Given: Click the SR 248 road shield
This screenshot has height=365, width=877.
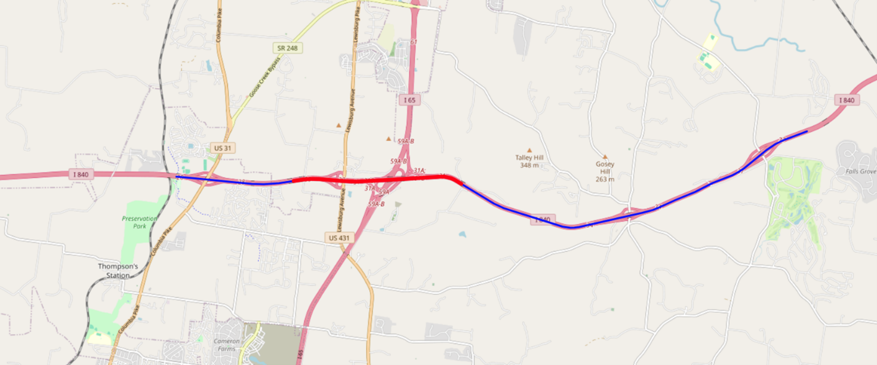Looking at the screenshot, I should [x=288, y=47].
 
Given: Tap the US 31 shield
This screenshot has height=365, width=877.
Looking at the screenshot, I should [x=221, y=148].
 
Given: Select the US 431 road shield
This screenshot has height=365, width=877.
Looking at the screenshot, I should [x=339, y=237].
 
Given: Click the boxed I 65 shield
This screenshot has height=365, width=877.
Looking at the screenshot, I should [x=409, y=100].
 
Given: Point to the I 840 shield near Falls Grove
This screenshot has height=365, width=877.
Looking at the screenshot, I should [x=846, y=100].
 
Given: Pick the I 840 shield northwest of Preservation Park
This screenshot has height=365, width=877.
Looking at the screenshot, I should [x=81, y=175].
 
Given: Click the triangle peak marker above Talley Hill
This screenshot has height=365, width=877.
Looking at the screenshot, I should [x=529, y=149].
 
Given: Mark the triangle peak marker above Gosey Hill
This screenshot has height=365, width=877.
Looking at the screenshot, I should [x=605, y=157].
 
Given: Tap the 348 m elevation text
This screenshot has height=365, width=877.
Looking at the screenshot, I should [x=529, y=165].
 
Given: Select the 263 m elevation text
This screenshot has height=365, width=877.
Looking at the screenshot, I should [x=605, y=179].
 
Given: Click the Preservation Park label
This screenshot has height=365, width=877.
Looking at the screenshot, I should [x=140, y=222].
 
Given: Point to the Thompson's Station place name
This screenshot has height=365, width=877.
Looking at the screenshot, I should [x=118, y=271].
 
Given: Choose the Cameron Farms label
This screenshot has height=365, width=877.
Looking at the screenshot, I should [x=226, y=345].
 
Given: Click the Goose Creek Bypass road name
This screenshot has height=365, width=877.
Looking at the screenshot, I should [x=265, y=77].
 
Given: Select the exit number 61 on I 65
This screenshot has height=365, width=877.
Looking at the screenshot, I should [x=414, y=42].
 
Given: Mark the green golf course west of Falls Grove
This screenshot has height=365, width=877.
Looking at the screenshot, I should [x=793, y=197].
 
